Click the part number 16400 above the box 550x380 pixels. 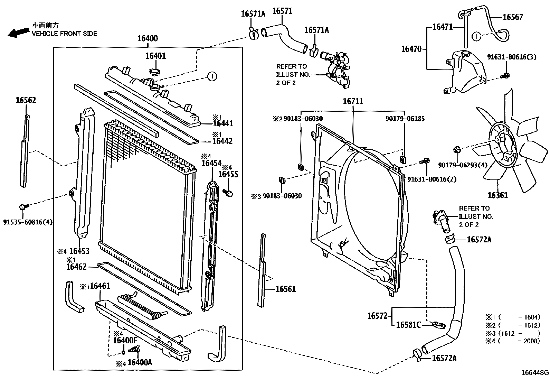point(148,38)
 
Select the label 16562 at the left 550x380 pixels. point(26,100)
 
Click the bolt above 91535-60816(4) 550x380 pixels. point(23,207)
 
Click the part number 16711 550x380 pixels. point(353,102)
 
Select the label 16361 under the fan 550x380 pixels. point(497,195)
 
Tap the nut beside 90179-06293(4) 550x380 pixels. point(457,150)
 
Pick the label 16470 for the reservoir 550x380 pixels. point(411,49)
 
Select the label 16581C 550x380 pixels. point(408,325)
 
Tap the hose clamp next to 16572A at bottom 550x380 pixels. point(417,355)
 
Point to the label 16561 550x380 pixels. point(286,289)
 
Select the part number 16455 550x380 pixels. point(228,174)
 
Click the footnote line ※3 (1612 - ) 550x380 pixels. point(512,333)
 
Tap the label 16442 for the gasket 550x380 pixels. point(222,141)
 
